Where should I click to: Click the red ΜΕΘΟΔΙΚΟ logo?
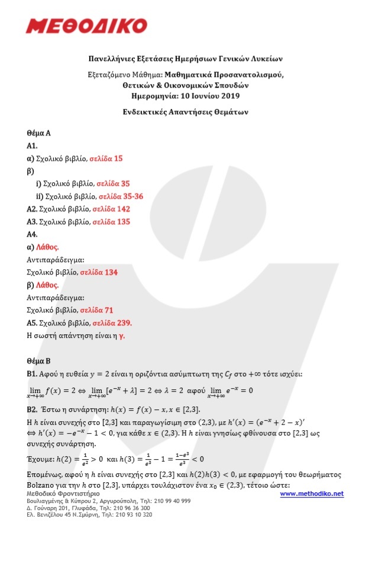click(86, 26)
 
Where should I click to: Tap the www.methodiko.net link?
click(311, 493)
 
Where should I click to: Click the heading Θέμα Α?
click(39, 133)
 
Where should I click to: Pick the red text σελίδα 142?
click(111, 209)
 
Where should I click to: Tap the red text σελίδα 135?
click(111, 222)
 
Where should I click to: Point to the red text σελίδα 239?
click(112, 323)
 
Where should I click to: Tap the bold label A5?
click(33, 323)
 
